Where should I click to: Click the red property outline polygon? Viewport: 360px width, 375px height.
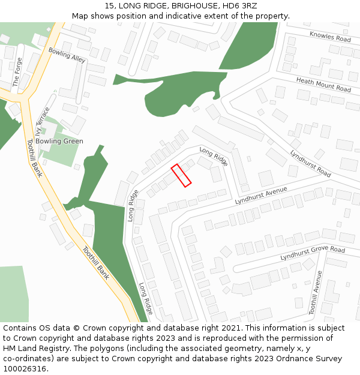point(181,175)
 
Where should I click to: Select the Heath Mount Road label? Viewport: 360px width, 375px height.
point(323,85)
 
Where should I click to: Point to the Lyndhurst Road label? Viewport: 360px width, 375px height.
point(310,163)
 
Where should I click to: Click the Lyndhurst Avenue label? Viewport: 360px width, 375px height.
point(261,196)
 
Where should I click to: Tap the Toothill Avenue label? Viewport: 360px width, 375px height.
point(316,293)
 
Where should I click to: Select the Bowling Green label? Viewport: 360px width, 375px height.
point(59,141)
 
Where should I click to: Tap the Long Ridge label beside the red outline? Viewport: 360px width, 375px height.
point(214,157)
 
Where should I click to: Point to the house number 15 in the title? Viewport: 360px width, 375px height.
point(110,5)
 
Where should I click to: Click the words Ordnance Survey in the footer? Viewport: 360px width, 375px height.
point(312,359)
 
